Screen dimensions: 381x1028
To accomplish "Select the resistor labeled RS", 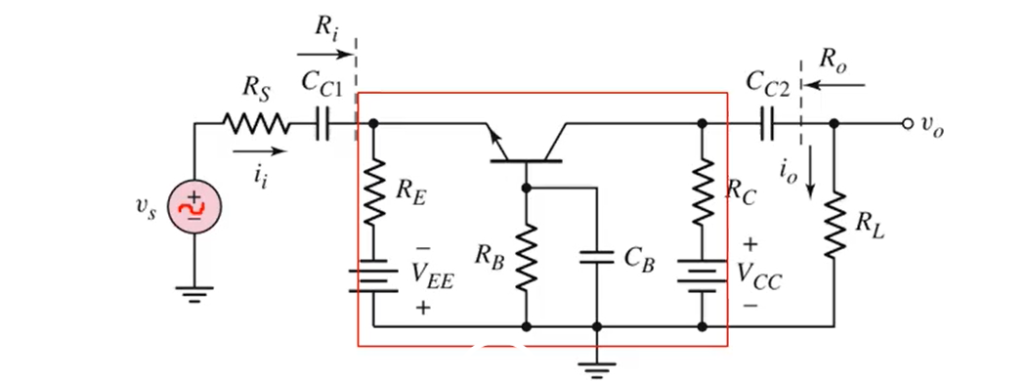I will coord(255,124).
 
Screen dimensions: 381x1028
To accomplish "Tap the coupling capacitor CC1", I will coord(323,124).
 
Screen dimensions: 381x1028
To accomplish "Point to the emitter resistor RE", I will coord(374,191).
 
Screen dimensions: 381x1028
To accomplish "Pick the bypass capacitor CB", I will coord(595,257).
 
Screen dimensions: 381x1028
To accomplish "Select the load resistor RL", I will coord(834,224).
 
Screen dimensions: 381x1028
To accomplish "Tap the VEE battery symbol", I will coord(374,275).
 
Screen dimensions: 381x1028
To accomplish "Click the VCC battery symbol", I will coord(702,276).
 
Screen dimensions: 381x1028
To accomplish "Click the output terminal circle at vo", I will coord(907,124).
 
